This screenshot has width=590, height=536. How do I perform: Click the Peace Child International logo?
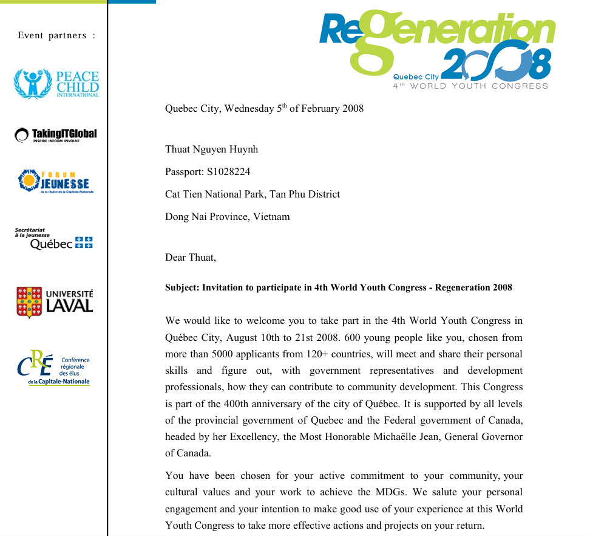[x=56, y=84]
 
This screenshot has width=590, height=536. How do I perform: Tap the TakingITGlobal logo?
[x=56, y=134]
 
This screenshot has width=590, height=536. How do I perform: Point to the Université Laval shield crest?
[x=29, y=302]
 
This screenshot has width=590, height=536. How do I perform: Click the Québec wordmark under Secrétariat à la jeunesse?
[x=52, y=244]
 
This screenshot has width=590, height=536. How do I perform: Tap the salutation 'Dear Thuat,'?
[x=191, y=257]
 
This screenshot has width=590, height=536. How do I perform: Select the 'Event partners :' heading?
[x=56, y=35]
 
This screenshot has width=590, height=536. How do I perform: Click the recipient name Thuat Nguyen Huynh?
[x=211, y=149]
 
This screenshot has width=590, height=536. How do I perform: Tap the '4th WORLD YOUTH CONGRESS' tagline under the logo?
[x=470, y=86]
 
